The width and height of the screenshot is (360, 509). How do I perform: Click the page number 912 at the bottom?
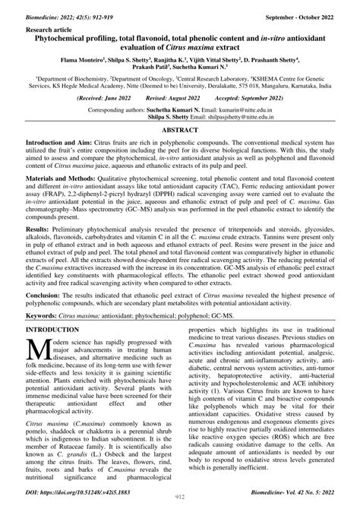179,498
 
